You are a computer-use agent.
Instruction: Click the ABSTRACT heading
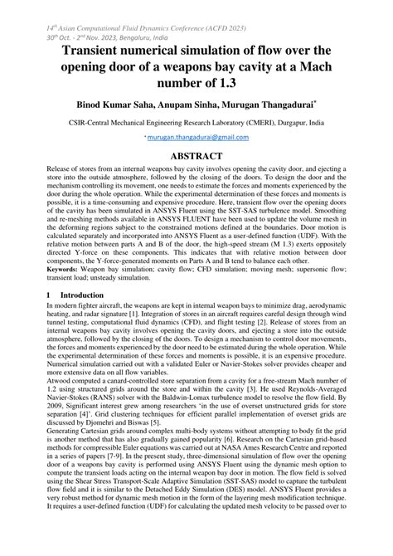pyautogui.click(x=196, y=155)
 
